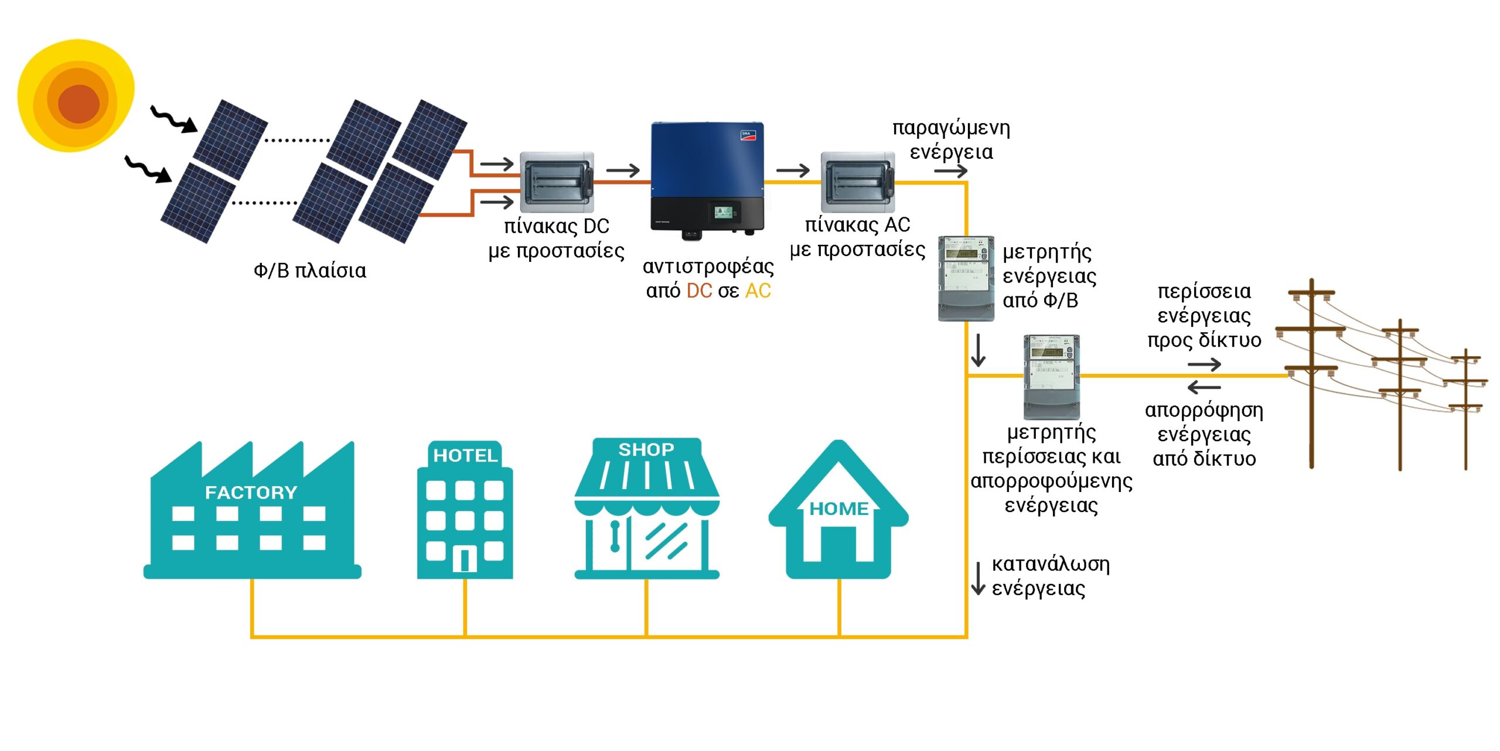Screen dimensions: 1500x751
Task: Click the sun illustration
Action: (x=76, y=95)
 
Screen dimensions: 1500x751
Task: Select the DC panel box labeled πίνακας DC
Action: (x=557, y=182)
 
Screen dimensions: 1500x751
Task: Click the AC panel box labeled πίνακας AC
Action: (x=858, y=182)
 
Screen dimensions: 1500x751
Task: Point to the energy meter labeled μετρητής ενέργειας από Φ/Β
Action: (x=966, y=278)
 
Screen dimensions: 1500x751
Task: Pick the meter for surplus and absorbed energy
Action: (x=1052, y=377)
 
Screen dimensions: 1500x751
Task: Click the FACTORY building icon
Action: (x=252, y=510)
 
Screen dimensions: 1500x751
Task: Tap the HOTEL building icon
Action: (x=465, y=510)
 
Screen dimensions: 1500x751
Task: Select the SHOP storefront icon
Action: (x=647, y=508)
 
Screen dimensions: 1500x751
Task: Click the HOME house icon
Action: (x=838, y=510)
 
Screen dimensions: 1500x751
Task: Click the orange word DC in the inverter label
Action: (x=699, y=291)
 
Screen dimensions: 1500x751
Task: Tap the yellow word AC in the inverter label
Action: (x=758, y=291)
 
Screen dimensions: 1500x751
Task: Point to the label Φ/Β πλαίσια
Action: (x=310, y=271)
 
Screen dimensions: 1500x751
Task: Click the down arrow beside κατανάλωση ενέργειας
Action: (x=978, y=579)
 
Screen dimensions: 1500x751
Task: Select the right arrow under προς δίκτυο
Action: (x=1205, y=365)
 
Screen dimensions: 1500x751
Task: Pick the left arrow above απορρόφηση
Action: (x=1204, y=387)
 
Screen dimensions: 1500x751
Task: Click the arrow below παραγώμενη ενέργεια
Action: (x=951, y=171)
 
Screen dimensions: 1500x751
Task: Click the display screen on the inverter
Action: (x=724, y=211)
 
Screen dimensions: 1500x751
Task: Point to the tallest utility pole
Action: (x=1311, y=373)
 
